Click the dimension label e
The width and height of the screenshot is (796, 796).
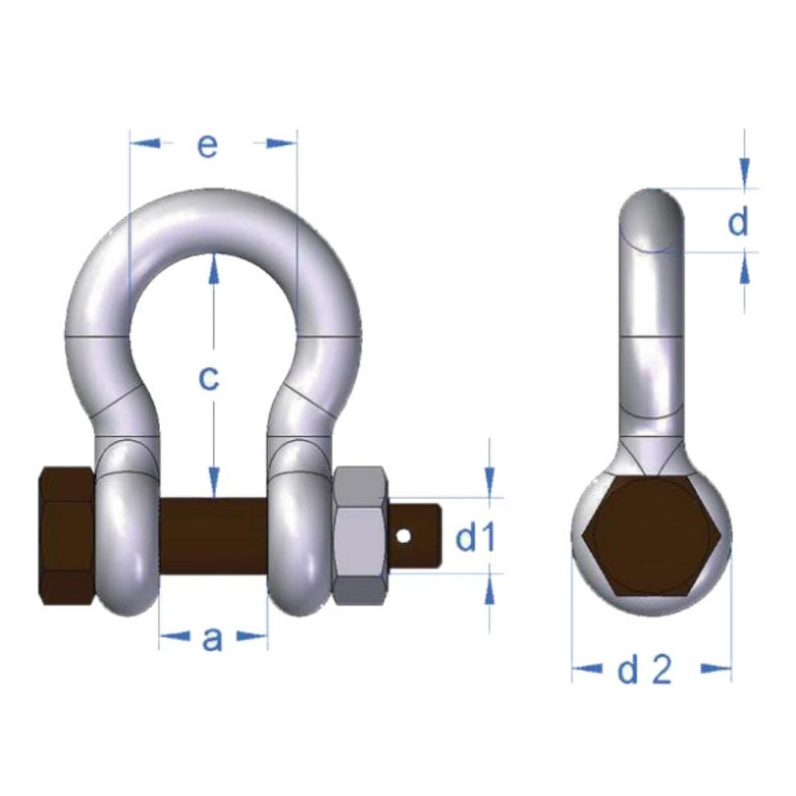pos(207,146)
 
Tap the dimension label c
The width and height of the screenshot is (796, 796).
pos(208,378)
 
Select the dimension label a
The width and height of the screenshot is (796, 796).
pos(211,638)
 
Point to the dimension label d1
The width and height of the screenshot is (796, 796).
pos(475,540)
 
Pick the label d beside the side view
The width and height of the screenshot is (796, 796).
pos(738,222)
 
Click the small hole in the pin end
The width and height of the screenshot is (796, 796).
pos(407,534)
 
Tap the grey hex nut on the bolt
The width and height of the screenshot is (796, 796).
pos(360,535)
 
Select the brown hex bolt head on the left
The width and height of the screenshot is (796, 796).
pos(67,535)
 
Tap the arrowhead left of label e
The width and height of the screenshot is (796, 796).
pos(144,143)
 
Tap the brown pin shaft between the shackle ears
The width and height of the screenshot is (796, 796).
pos(212,533)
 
